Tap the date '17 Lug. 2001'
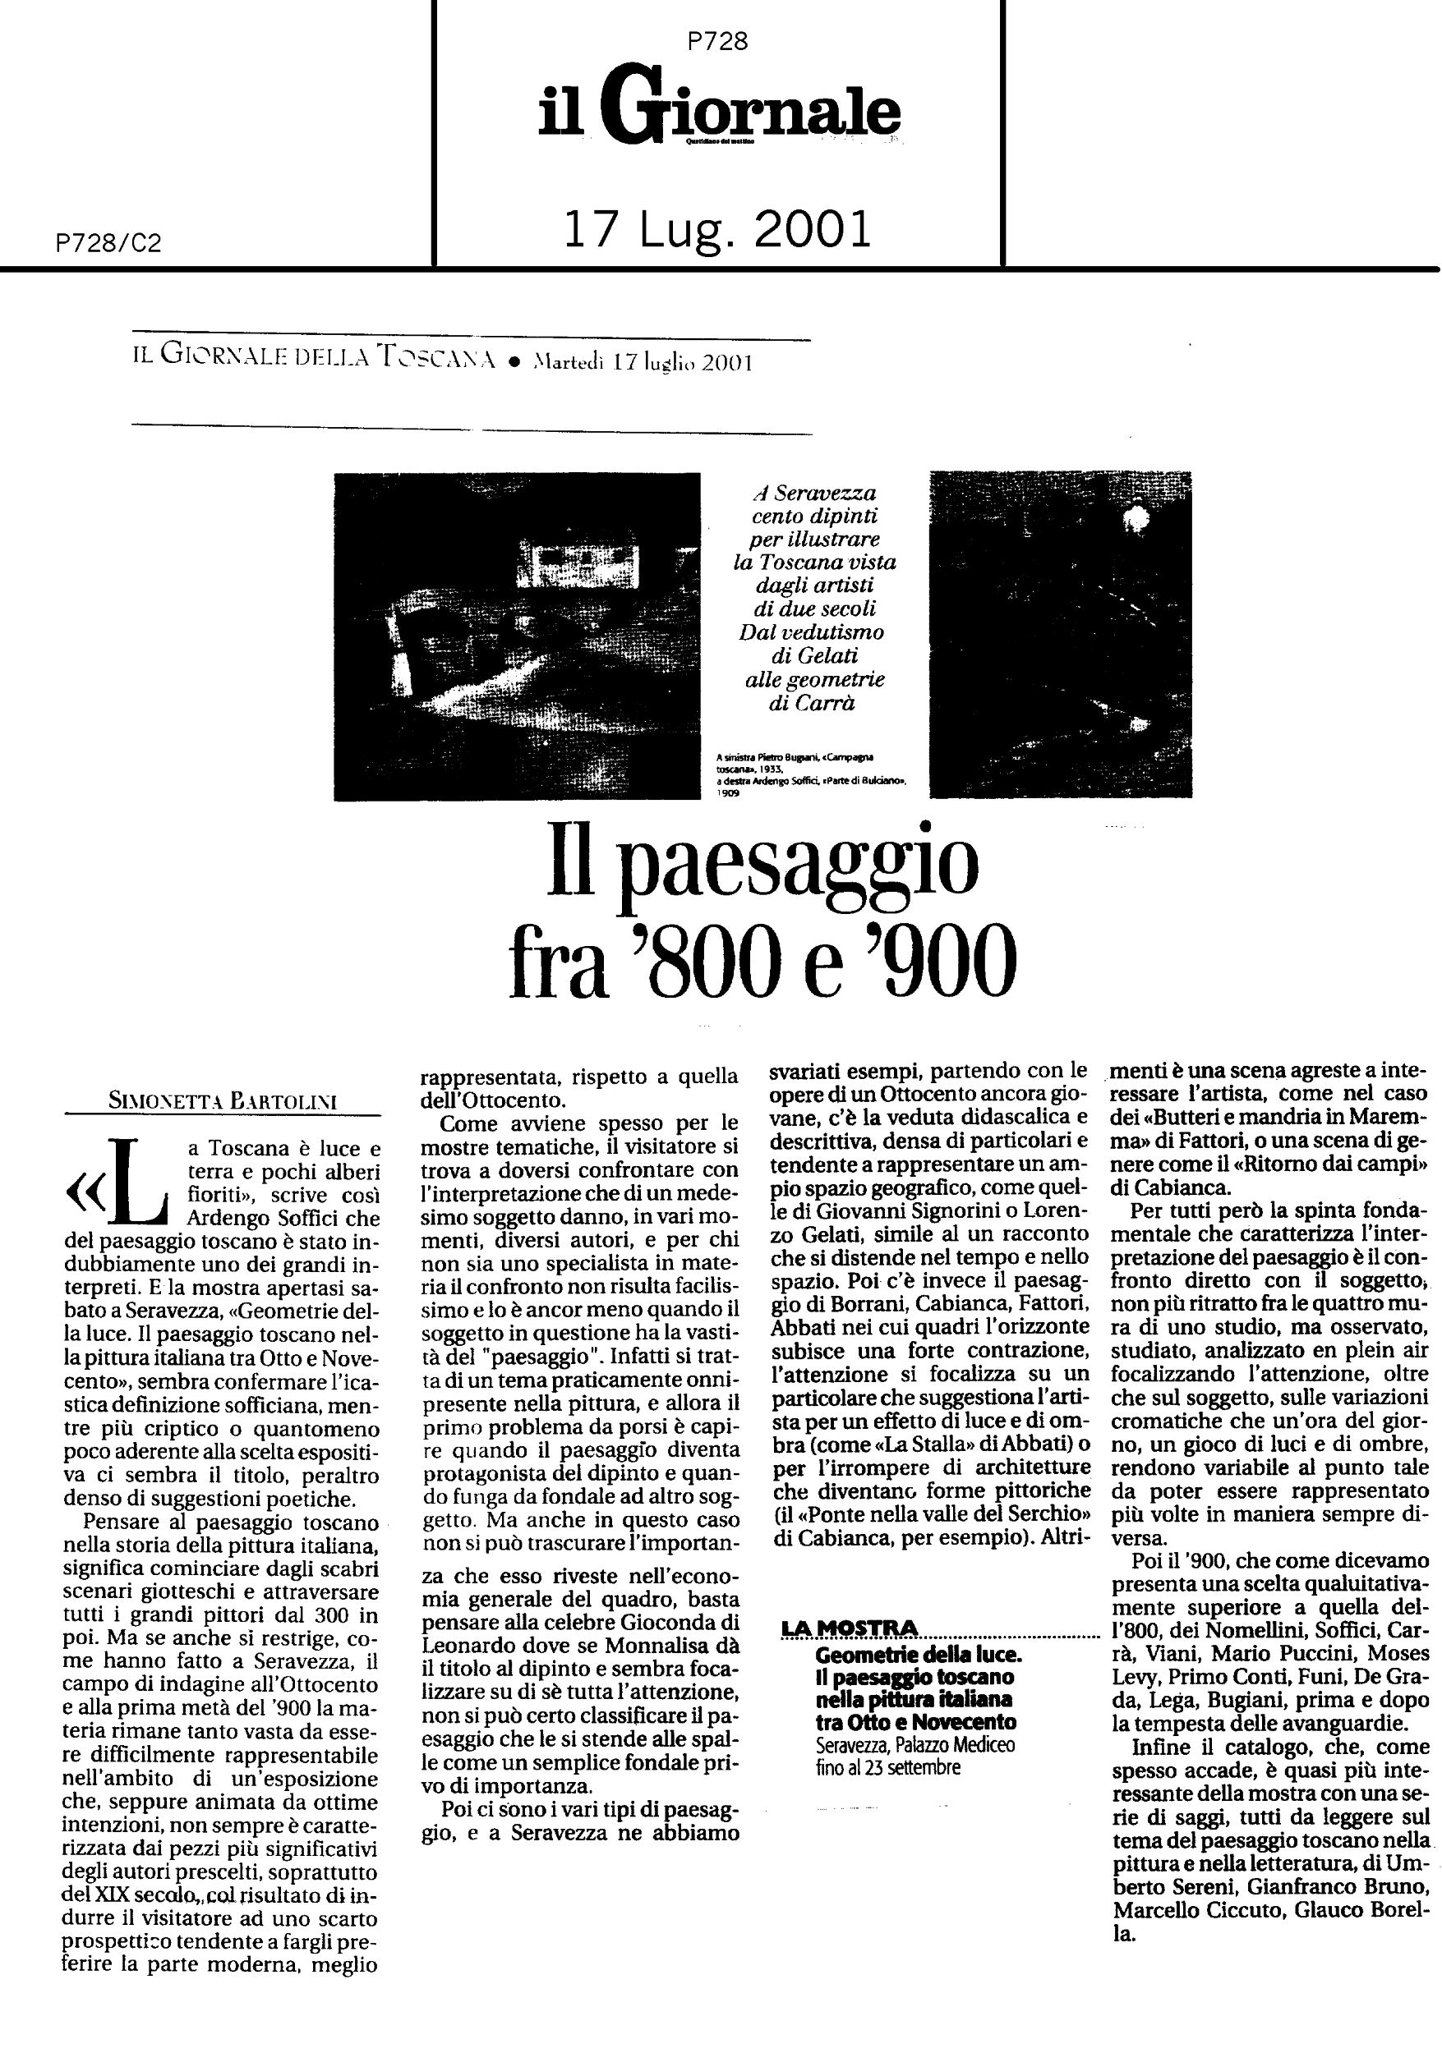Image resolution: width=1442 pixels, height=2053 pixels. point(717,230)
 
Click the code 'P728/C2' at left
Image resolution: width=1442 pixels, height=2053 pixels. point(108,243)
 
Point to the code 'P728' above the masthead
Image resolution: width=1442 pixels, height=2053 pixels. point(718,41)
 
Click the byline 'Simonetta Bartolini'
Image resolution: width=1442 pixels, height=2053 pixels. point(222,1101)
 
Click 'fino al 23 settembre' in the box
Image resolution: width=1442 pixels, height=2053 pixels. point(887,1768)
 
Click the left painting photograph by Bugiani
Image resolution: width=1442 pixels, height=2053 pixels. point(517,636)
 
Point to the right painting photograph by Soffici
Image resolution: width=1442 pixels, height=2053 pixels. point(1060,634)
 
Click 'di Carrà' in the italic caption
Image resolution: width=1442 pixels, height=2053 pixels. point(813,703)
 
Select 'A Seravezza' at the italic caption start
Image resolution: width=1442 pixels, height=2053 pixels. point(813,493)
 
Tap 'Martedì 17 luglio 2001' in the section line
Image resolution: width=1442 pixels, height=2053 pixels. point(642,362)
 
